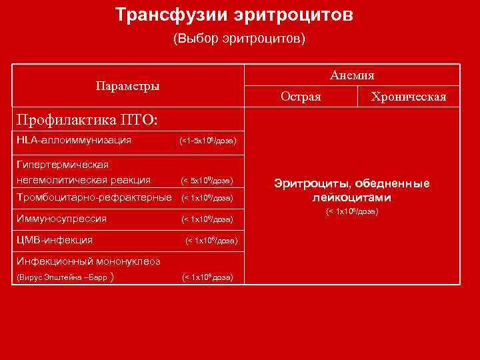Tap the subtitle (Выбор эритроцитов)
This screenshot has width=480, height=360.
tap(239, 39)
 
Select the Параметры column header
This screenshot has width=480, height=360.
tap(127, 86)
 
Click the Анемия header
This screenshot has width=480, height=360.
tap(351, 75)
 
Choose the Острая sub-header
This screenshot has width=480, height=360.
tap(301, 97)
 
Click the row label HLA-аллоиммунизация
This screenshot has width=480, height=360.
tap(73, 140)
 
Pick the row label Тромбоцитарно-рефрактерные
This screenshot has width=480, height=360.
tap(93, 197)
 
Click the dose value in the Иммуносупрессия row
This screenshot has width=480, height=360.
tap(207, 219)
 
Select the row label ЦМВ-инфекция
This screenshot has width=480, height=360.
tap(54, 239)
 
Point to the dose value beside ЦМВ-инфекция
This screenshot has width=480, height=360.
tap(211, 240)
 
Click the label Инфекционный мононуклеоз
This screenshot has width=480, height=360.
tap(87, 261)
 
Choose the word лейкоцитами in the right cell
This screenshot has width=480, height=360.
tap(352, 197)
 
